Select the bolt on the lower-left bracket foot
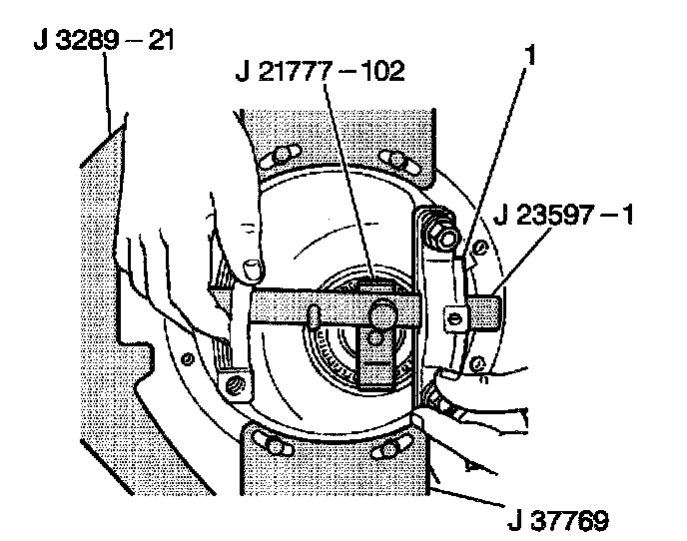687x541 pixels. click(x=236, y=383)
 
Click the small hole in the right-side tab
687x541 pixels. click(x=454, y=317)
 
